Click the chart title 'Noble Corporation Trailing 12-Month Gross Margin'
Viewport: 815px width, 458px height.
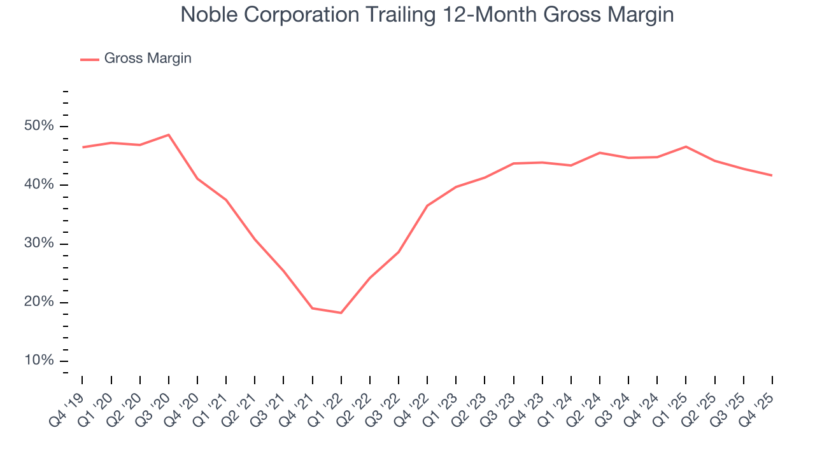(427, 15)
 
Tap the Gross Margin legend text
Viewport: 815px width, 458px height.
(148, 59)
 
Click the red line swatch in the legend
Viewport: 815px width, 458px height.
(89, 59)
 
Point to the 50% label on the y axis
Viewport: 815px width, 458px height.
(39, 126)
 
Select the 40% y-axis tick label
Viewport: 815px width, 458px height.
(39, 185)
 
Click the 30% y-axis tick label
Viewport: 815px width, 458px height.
(39, 244)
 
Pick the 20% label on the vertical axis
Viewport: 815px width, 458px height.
(39, 302)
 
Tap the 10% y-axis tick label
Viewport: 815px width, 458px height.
(39, 361)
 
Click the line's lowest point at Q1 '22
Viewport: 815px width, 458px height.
(341, 313)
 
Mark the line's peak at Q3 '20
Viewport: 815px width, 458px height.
(169, 135)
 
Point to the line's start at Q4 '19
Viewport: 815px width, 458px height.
(83, 148)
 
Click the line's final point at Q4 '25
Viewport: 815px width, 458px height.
(772, 176)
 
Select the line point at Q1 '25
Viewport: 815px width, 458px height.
(686, 147)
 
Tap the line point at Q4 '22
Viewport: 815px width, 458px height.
(427, 205)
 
